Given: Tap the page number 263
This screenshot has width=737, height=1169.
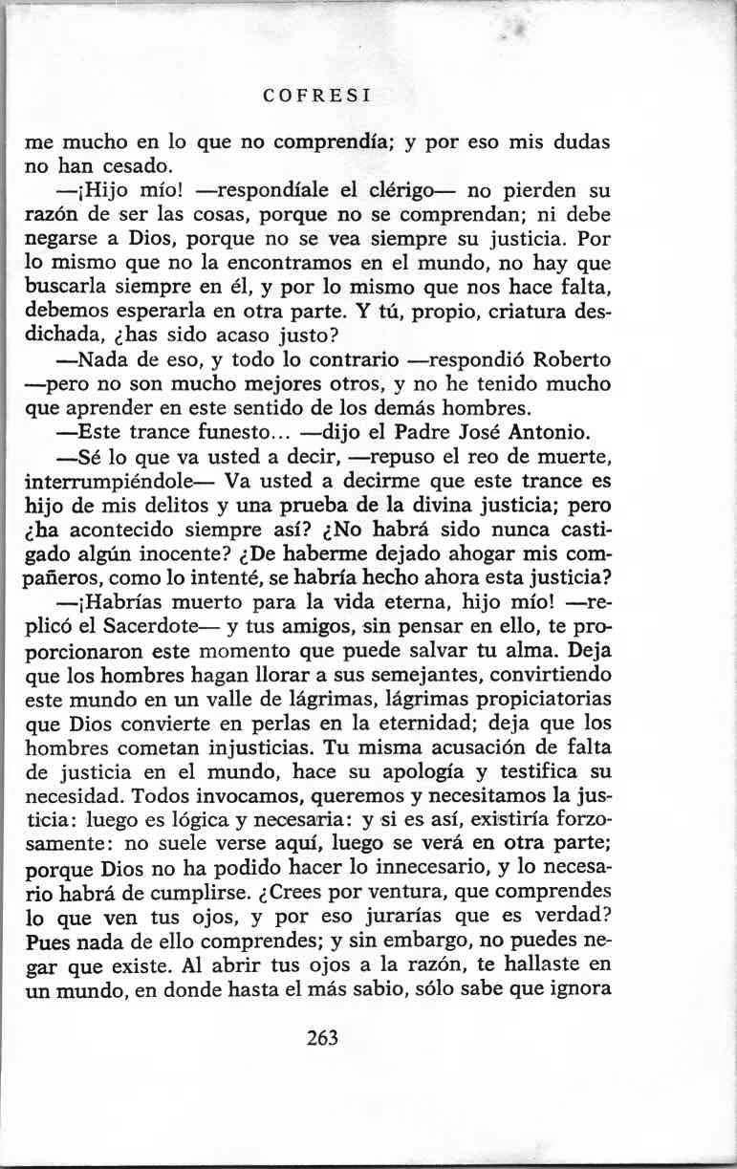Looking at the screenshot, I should [x=323, y=1037].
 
